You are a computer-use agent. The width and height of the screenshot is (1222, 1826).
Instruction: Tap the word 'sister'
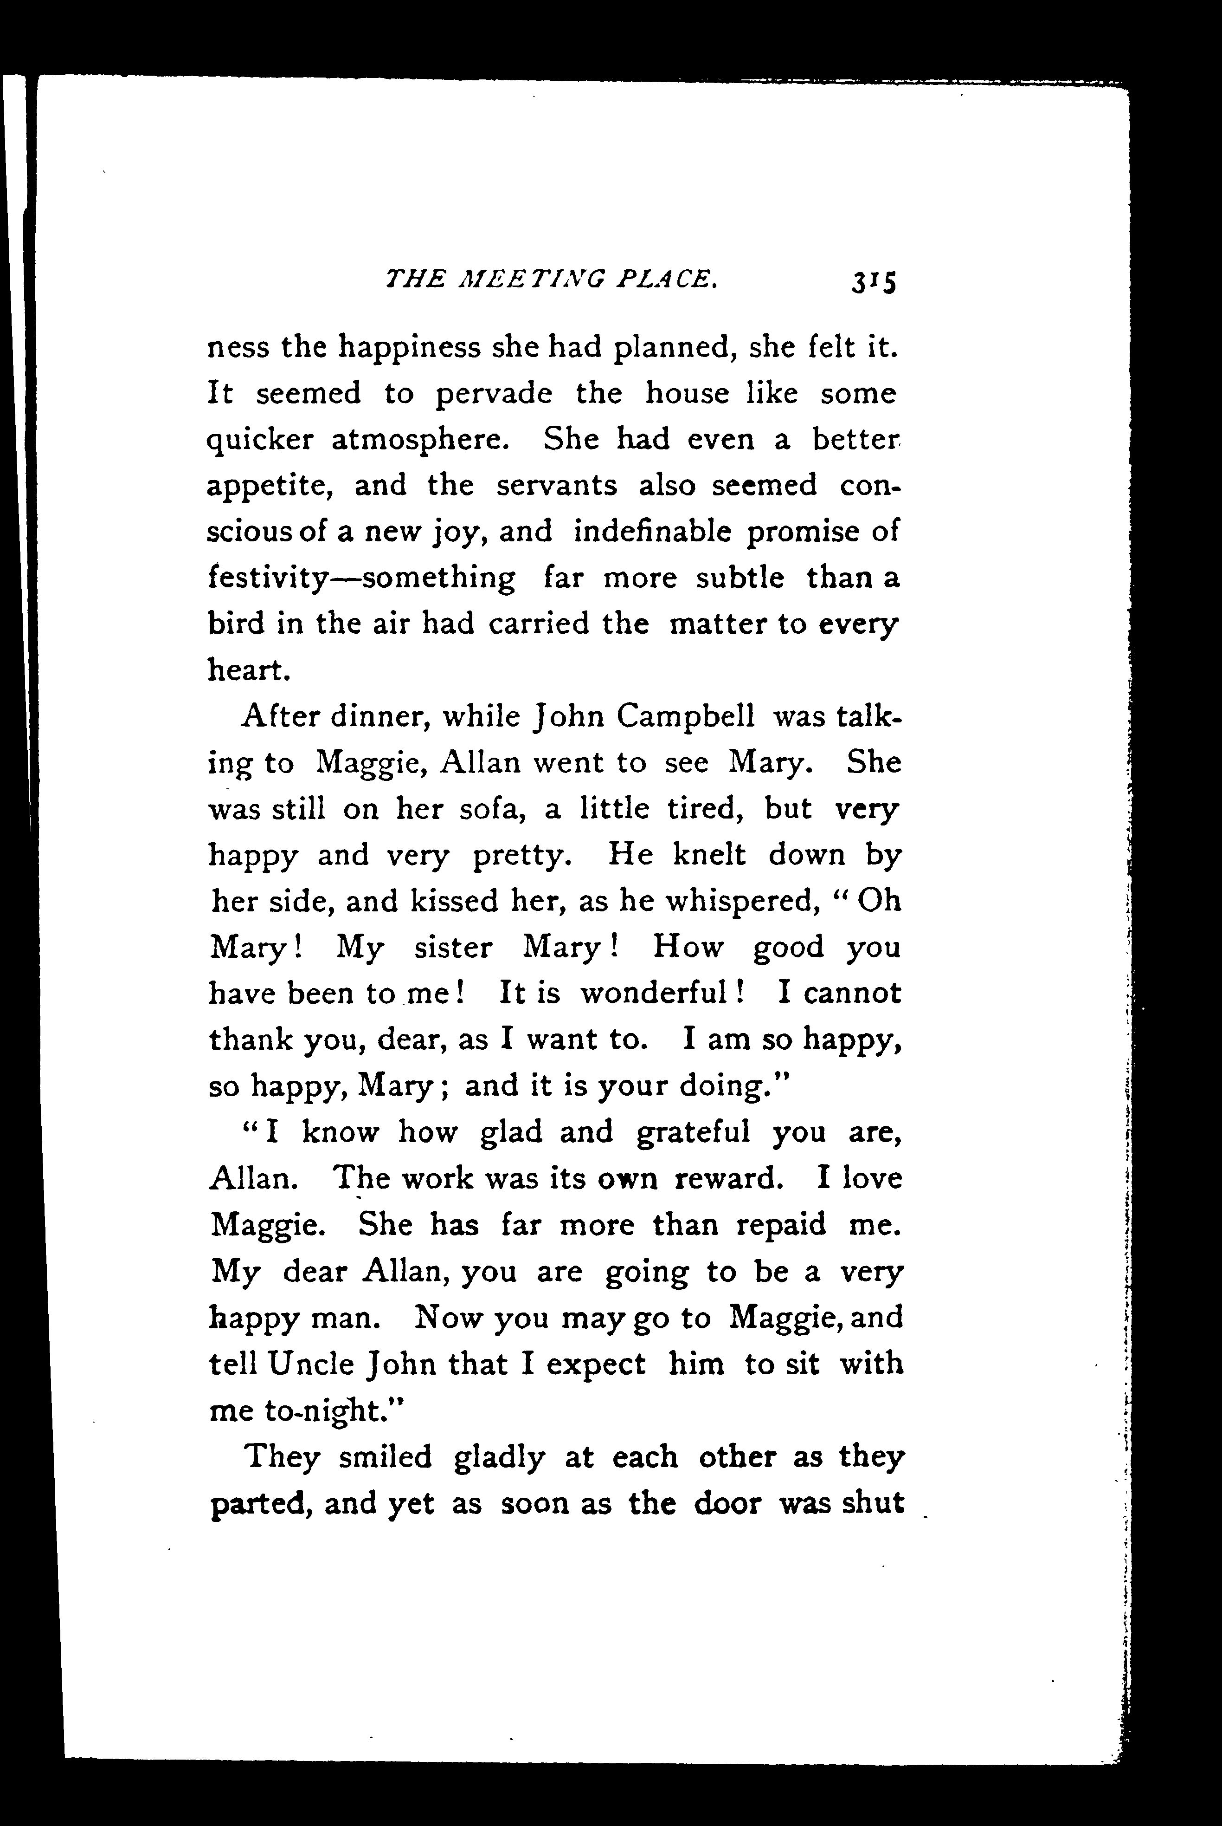tap(453, 947)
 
